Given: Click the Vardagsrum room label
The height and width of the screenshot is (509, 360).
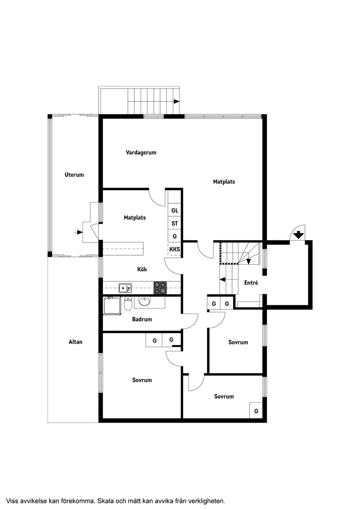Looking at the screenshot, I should click(x=141, y=153).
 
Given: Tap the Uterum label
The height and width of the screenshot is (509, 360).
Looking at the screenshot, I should click(x=74, y=175).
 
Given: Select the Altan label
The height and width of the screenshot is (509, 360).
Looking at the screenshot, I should click(x=75, y=342).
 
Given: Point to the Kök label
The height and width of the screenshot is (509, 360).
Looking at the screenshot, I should click(x=142, y=270).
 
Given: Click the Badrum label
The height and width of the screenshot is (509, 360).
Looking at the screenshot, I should click(x=142, y=319).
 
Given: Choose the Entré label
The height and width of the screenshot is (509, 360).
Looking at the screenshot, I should click(x=251, y=283).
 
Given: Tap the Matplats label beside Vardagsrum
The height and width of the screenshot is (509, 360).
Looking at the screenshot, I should click(x=224, y=181).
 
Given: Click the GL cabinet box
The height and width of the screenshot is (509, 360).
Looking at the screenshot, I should click(x=175, y=210).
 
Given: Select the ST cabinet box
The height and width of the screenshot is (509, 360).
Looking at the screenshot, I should click(x=175, y=223).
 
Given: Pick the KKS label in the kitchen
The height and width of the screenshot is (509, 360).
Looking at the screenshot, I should click(x=175, y=249).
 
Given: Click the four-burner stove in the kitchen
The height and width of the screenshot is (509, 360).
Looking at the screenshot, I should click(x=160, y=287).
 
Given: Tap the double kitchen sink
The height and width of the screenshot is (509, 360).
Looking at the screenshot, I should click(x=126, y=287).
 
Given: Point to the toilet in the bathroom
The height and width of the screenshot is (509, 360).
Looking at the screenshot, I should click(x=128, y=302).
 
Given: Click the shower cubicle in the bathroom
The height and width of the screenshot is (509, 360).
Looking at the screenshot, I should click(x=112, y=305).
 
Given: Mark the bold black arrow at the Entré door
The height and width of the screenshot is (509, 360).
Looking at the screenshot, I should click(x=298, y=235).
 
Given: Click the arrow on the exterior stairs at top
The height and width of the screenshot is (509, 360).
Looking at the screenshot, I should click(x=176, y=101).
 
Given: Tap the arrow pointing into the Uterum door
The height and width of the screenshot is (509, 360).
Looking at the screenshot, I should click(x=79, y=232).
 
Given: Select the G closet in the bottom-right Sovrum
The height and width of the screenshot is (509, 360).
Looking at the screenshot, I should click(x=256, y=411).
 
